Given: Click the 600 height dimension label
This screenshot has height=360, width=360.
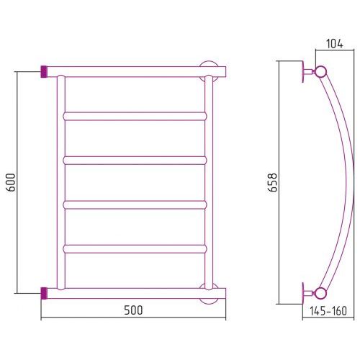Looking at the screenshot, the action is (11, 182).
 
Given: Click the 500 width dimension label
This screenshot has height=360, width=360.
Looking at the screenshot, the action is (133, 310).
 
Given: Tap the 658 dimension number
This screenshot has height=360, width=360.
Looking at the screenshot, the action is (273, 182).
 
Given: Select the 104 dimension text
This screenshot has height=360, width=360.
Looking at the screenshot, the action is (335, 44).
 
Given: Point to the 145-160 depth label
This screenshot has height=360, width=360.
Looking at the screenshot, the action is (328, 311).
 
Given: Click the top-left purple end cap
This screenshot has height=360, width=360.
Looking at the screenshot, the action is (44, 71).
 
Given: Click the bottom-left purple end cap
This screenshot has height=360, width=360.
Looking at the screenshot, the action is (44, 293).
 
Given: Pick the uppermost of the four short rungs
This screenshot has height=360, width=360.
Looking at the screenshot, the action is (135, 116).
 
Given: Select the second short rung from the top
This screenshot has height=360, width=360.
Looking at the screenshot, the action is (135, 161).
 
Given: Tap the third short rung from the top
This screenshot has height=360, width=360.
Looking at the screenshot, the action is (135, 204).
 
